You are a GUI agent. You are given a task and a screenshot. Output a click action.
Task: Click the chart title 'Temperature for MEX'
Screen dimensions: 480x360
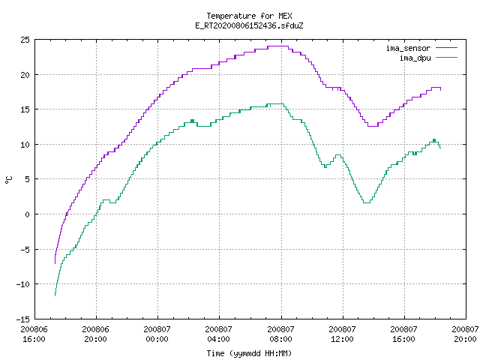249,16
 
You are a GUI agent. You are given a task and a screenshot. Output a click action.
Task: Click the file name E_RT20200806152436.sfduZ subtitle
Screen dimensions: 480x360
249,25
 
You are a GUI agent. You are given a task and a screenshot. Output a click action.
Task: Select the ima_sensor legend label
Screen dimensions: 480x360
408,48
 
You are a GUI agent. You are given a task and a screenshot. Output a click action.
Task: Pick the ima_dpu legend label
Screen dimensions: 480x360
415,58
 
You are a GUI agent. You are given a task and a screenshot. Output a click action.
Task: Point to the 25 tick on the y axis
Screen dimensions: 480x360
25,40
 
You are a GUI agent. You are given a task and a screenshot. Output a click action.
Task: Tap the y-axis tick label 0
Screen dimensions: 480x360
28,214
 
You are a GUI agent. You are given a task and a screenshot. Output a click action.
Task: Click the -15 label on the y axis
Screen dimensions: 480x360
23,319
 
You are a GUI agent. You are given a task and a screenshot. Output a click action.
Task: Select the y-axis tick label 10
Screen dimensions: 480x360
25,145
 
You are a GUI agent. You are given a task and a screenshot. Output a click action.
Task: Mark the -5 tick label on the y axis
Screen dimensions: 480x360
25,250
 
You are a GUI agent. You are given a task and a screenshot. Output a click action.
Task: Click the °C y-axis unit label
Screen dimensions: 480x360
8,180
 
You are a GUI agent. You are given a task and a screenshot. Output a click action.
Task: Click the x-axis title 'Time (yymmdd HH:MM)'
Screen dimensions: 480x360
249,353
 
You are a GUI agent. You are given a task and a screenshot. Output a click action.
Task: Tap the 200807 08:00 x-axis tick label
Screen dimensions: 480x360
280,334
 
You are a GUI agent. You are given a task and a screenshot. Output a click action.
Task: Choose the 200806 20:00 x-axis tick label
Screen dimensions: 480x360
95,334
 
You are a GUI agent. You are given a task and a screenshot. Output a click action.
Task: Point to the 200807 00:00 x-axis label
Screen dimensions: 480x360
157,334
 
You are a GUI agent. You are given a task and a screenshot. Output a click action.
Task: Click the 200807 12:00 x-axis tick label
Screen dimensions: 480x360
342,334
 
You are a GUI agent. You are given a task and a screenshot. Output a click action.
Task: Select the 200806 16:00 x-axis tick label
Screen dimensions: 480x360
34,334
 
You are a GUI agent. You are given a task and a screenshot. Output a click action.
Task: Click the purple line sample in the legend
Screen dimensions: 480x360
446,48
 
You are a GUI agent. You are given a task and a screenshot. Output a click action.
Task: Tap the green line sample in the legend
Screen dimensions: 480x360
446,58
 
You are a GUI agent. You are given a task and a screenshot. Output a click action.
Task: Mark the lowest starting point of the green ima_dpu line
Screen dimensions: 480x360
55,295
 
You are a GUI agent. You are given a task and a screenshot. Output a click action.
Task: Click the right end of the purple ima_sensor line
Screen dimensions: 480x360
440,90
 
